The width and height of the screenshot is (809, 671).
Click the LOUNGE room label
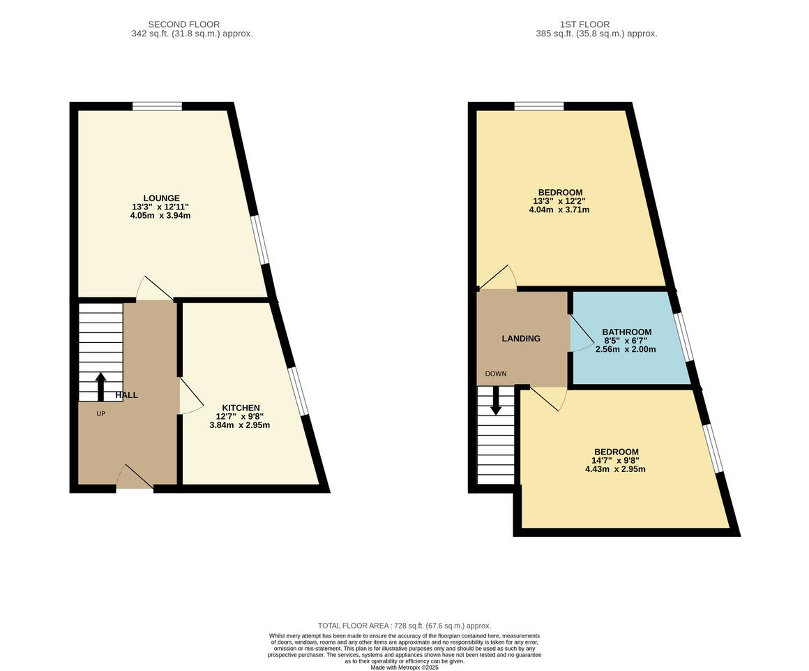tap(160, 198)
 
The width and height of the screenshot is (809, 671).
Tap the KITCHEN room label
tap(241, 408)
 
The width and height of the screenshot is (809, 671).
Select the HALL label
tap(126, 395)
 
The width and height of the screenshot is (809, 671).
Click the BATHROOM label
tap(626, 332)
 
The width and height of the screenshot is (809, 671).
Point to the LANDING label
tap(521, 339)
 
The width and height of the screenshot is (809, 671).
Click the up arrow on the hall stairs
tap(100, 385)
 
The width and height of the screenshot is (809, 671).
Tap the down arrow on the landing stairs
tap(497, 401)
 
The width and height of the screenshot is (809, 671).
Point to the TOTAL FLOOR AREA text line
tap(404, 626)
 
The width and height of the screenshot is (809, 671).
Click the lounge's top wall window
tap(157, 106)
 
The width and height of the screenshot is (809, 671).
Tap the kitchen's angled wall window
tap(300, 391)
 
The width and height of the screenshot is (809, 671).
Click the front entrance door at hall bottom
tap(135, 479)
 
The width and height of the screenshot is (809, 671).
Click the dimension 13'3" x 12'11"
tap(160, 207)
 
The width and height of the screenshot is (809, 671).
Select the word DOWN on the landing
tap(496, 374)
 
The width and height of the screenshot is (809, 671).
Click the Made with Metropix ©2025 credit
tap(404, 668)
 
